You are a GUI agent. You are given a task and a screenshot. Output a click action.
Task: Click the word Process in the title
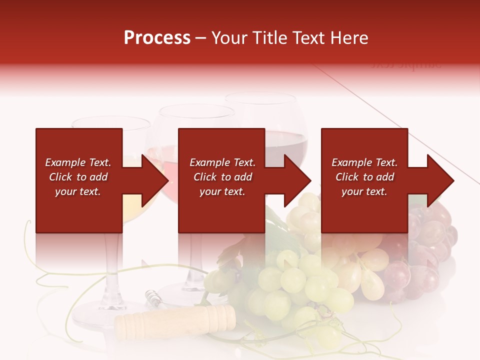(157, 38)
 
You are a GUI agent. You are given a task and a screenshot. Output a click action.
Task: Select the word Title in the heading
(270, 38)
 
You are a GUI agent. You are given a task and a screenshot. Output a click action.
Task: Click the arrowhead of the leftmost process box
(155, 180)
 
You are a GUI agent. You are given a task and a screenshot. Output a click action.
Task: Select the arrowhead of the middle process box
(297, 180)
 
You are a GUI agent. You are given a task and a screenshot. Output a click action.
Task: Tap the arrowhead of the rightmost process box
(440, 180)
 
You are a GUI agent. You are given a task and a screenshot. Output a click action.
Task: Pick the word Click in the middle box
(205, 177)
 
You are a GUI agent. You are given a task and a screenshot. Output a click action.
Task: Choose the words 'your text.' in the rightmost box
(364, 191)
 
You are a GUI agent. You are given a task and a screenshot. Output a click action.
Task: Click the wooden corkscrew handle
(175, 319)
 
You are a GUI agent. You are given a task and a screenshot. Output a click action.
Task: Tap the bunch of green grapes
(300, 285)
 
